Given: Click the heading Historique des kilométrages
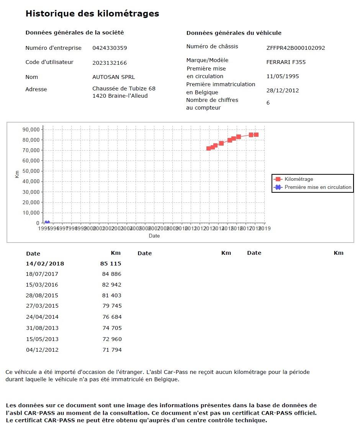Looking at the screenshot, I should pos(92,14).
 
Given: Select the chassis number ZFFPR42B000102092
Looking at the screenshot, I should pos(295,48).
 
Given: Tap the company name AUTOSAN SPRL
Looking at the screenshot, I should pos(113,77).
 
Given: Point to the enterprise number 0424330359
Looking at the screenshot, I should pos(110,48).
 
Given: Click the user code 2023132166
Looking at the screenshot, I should pos(110,63).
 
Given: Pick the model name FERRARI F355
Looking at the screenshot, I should pos(286,62).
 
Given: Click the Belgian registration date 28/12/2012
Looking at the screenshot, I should pos(283,90).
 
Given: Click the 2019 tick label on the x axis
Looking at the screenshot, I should pos(265,229).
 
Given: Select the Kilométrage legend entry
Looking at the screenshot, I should pos(299,179).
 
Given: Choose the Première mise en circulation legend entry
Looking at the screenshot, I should pos(318,187).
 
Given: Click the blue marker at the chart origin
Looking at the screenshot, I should pos(47,223).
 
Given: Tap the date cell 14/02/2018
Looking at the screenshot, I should pos(45,264).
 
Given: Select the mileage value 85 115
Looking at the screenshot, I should pos(111,264).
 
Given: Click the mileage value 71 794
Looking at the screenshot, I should pos(111,350).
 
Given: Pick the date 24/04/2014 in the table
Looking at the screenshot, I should pos(42,317).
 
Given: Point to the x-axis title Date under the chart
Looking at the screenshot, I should pos(154,236).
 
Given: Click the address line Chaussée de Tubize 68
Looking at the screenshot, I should pos(124,89).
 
